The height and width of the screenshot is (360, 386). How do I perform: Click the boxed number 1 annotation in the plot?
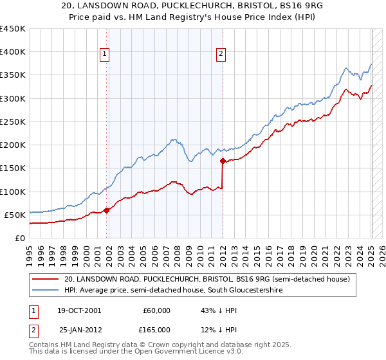105,55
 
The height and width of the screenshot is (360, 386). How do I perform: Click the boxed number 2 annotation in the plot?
221,55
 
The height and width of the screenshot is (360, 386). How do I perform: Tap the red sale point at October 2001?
106,210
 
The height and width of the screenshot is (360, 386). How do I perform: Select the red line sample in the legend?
46,280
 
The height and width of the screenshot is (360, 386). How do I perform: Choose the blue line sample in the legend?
46,291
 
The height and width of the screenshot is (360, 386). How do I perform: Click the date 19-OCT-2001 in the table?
80,310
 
